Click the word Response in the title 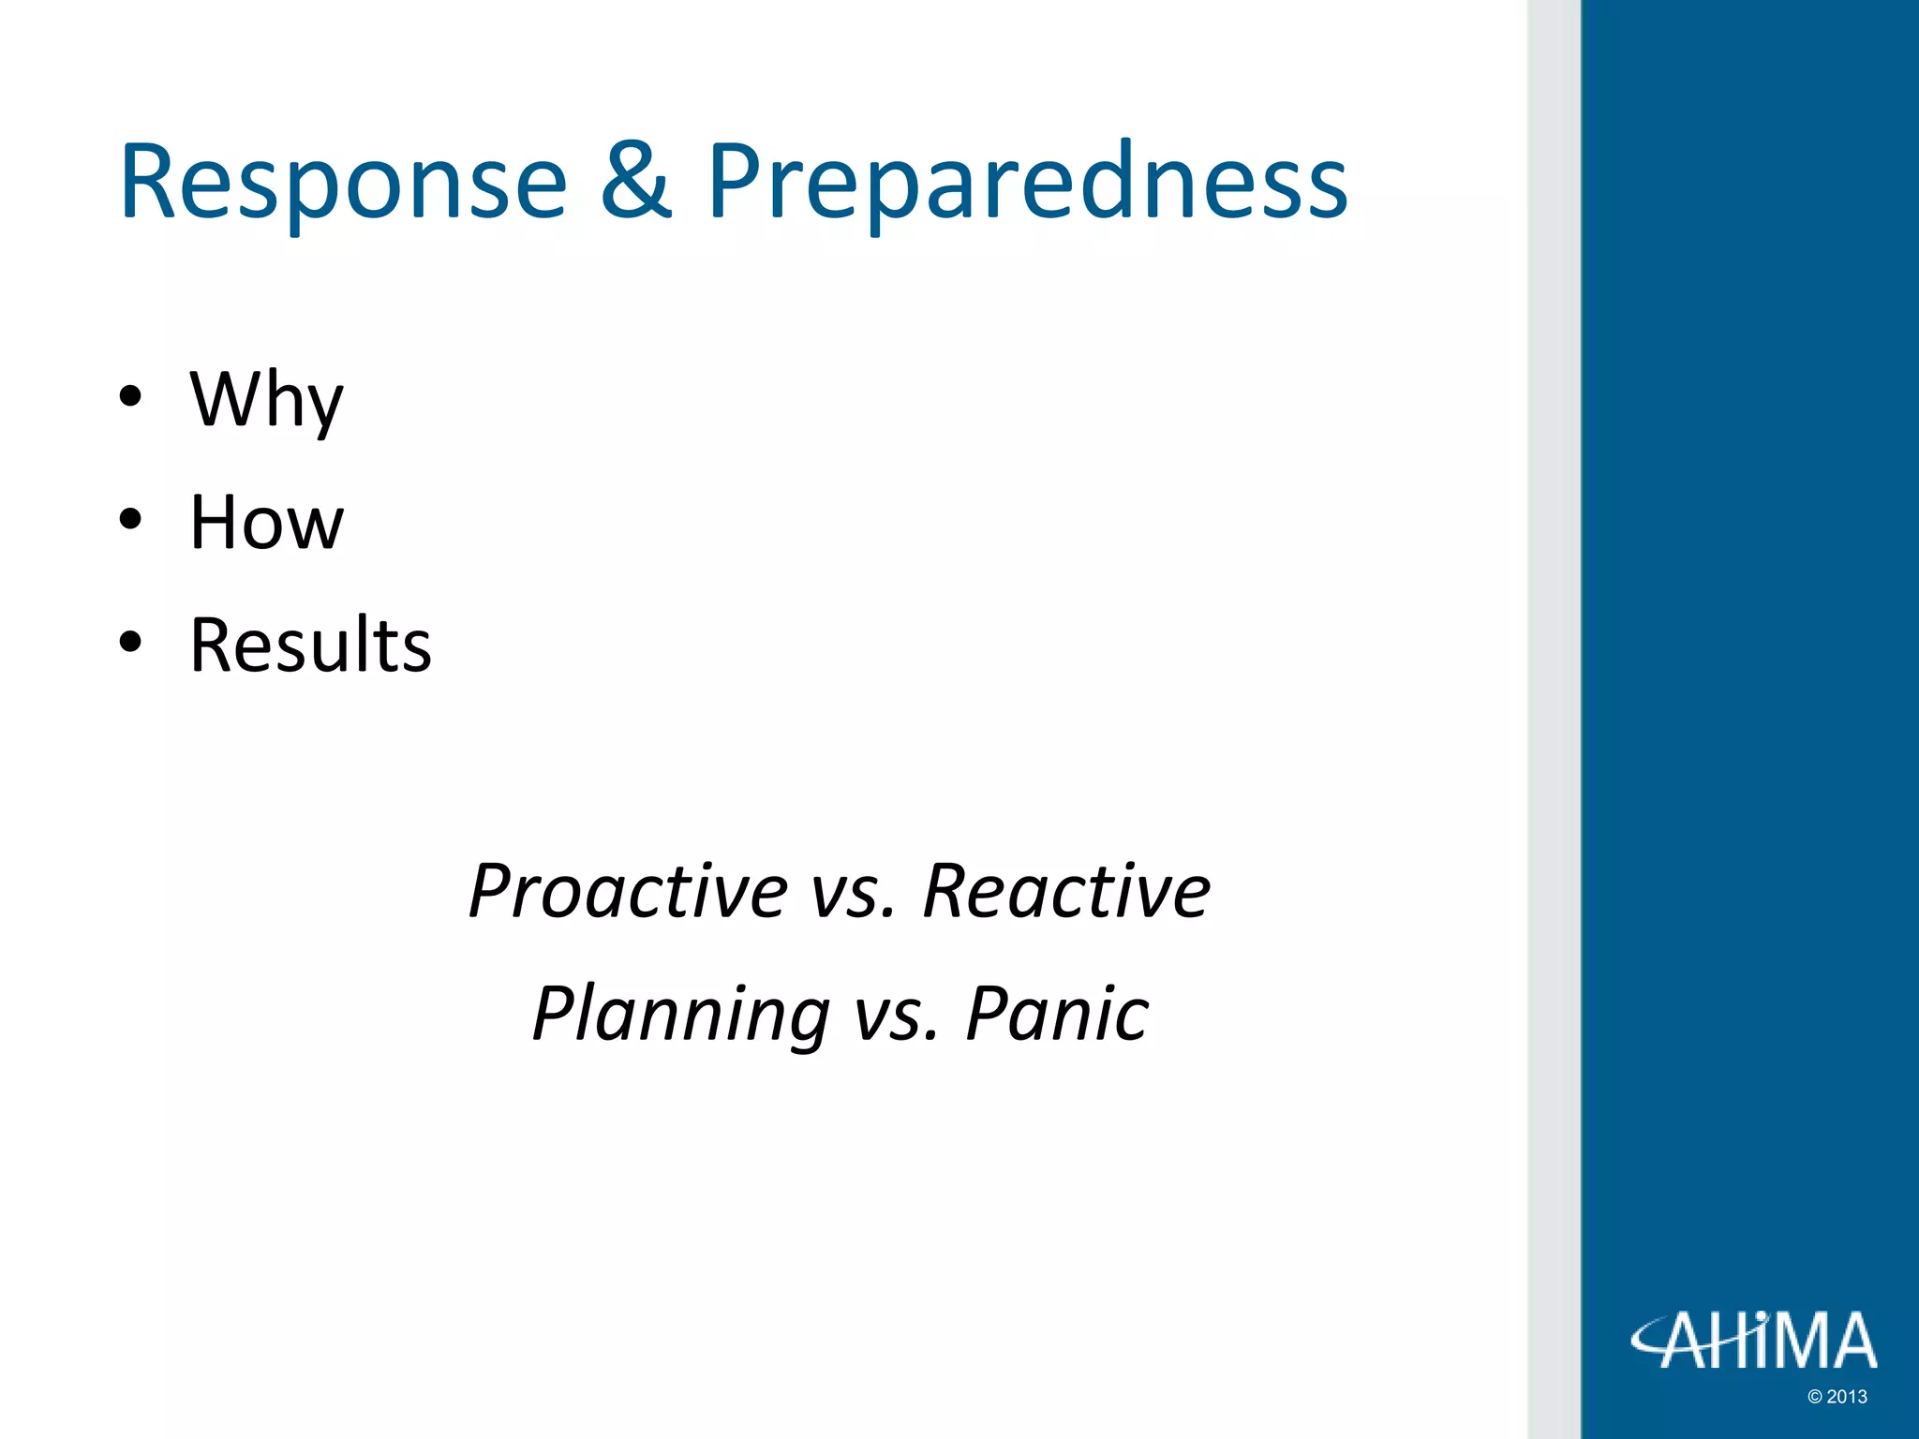coord(343,184)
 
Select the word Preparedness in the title coord(1026,184)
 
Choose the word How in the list coord(266,522)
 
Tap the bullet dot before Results coord(130,643)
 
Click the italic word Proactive coord(629,891)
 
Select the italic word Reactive coord(1065,891)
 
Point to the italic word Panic coord(1056,1014)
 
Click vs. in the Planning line coord(896,1016)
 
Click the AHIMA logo coord(1753,1341)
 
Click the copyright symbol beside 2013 coord(1814,1397)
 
